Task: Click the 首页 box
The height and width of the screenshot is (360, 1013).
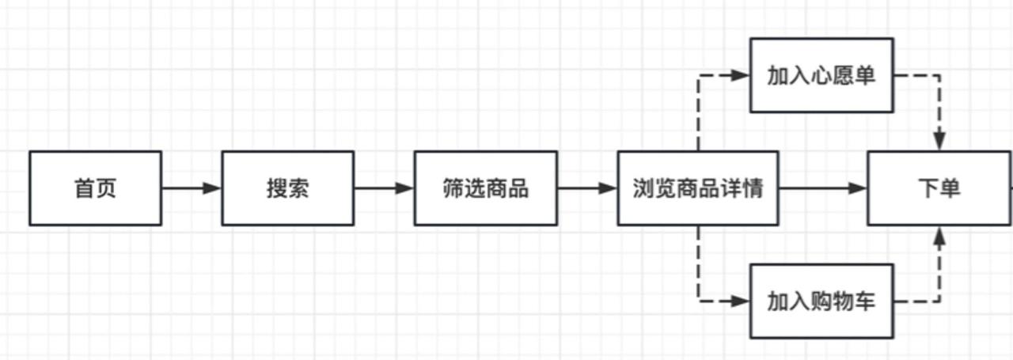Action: [95, 188]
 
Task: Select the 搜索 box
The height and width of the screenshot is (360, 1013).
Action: [287, 188]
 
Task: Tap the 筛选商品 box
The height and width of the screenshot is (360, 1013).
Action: [485, 188]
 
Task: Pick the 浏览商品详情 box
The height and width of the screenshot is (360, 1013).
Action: [697, 188]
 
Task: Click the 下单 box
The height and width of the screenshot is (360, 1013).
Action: [939, 188]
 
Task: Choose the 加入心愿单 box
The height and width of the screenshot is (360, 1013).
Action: [821, 75]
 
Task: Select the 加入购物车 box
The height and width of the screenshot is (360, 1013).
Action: [821, 301]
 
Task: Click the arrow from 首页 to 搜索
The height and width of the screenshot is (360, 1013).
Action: [192, 188]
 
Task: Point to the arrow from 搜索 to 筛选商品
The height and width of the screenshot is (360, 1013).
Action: [384, 188]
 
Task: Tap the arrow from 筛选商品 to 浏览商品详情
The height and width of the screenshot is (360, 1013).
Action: [587, 188]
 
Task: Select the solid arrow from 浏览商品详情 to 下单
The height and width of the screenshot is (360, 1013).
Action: [823, 188]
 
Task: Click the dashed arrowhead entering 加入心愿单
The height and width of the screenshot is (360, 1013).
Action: [741, 75]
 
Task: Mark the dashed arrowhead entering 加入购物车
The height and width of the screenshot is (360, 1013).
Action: [741, 301]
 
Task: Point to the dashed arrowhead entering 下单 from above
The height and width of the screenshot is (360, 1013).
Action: [939, 142]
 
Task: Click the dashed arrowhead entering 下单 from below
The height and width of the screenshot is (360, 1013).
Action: [939, 235]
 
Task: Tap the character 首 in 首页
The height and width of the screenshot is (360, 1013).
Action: [84, 189]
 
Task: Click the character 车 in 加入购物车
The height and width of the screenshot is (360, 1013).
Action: [865, 301]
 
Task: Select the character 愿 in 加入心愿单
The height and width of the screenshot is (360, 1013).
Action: [844, 76]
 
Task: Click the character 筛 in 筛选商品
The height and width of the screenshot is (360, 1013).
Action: [453, 189]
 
